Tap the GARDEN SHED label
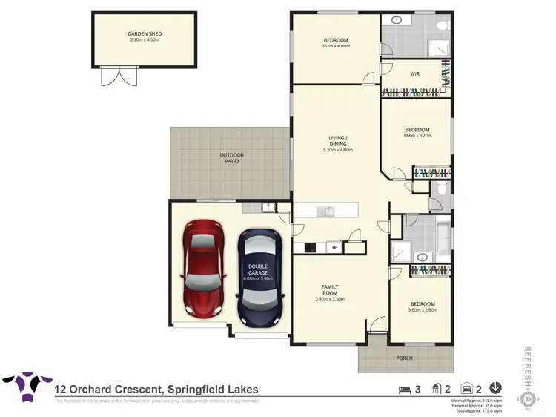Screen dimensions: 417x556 [144, 34]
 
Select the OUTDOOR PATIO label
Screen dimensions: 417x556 [231, 158]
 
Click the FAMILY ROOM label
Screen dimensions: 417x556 [330, 289]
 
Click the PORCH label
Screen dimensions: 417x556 [405, 358]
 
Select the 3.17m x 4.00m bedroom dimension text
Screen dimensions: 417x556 [335, 47]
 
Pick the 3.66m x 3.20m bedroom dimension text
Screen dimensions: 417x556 [416, 136]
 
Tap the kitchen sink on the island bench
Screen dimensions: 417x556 [326, 211]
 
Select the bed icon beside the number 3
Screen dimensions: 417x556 [403, 387]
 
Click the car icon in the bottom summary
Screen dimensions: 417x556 [466, 387]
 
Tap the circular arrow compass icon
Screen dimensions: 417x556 [496, 387]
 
